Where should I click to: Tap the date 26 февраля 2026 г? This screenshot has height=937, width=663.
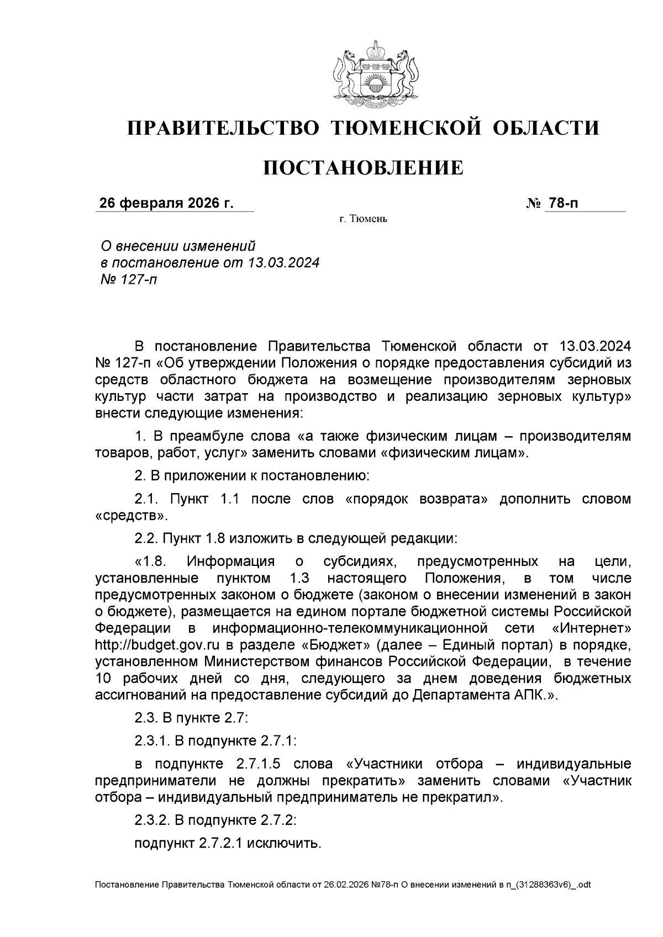[x=166, y=204]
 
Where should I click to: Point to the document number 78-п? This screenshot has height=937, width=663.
[x=562, y=204]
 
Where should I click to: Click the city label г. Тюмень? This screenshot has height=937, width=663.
[x=363, y=220]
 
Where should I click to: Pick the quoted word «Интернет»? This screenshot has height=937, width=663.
[x=591, y=628]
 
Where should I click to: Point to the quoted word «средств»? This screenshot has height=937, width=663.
[x=130, y=516]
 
